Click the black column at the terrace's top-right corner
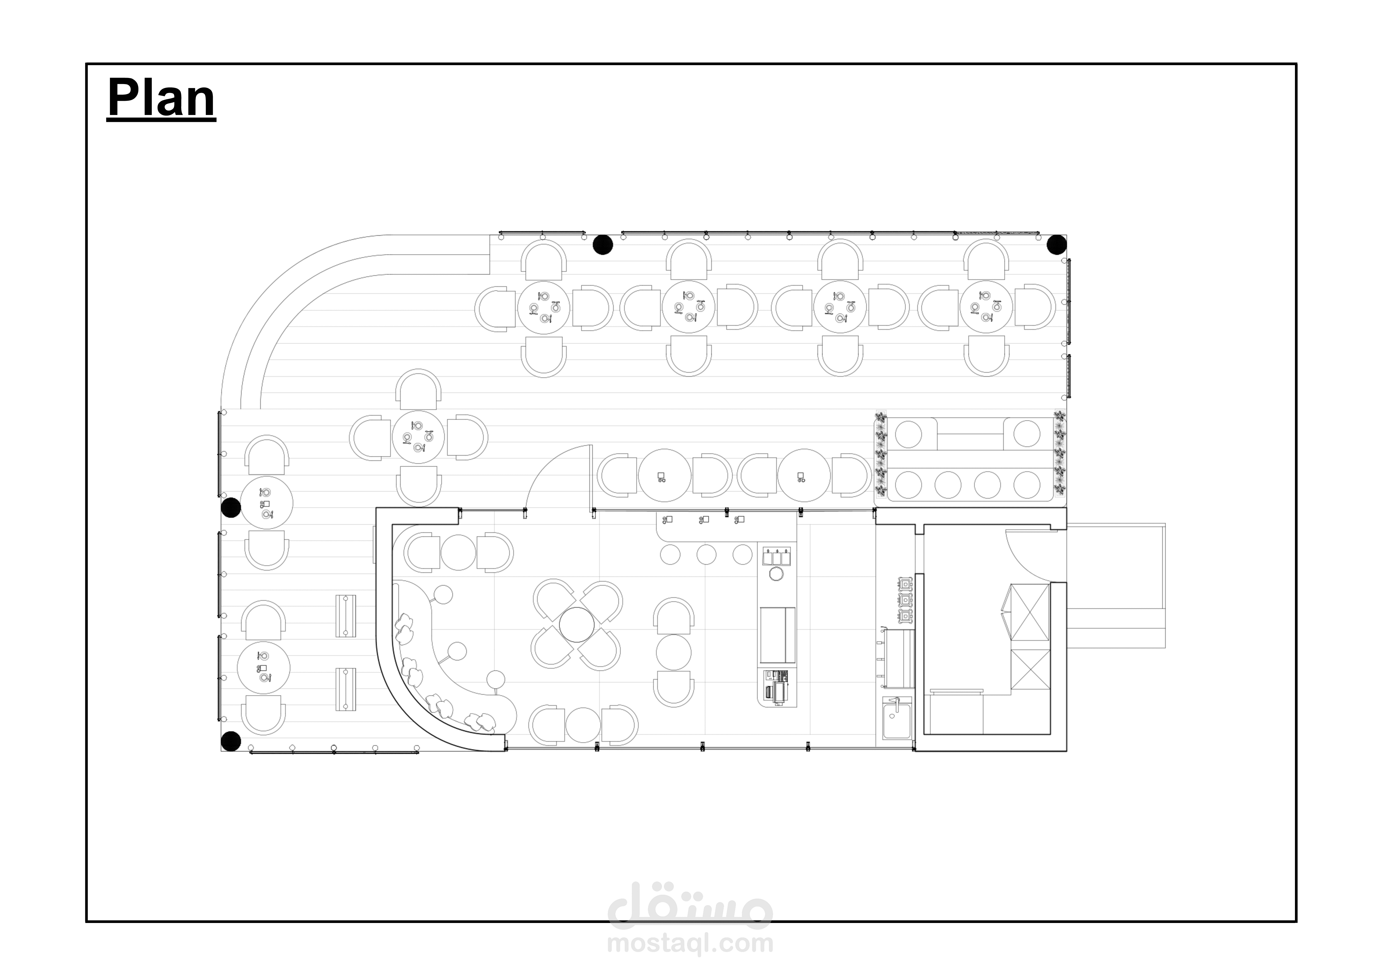[x=1057, y=245]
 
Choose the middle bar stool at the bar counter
[x=707, y=554]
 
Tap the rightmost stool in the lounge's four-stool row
[x=1026, y=484]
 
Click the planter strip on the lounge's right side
[x=1059, y=454]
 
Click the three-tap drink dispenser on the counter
[x=776, y=557]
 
